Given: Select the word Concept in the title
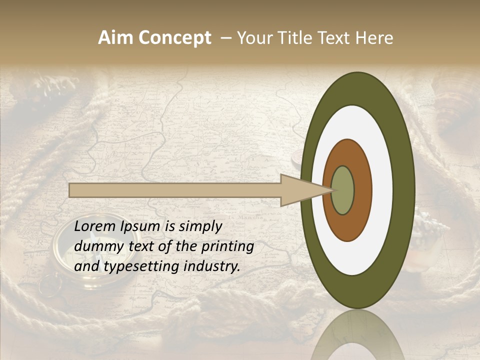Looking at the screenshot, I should [x=174, y=38].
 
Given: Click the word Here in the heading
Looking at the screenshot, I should [x=374, y=38].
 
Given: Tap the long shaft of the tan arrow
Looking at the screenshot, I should [x=175, y=190].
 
